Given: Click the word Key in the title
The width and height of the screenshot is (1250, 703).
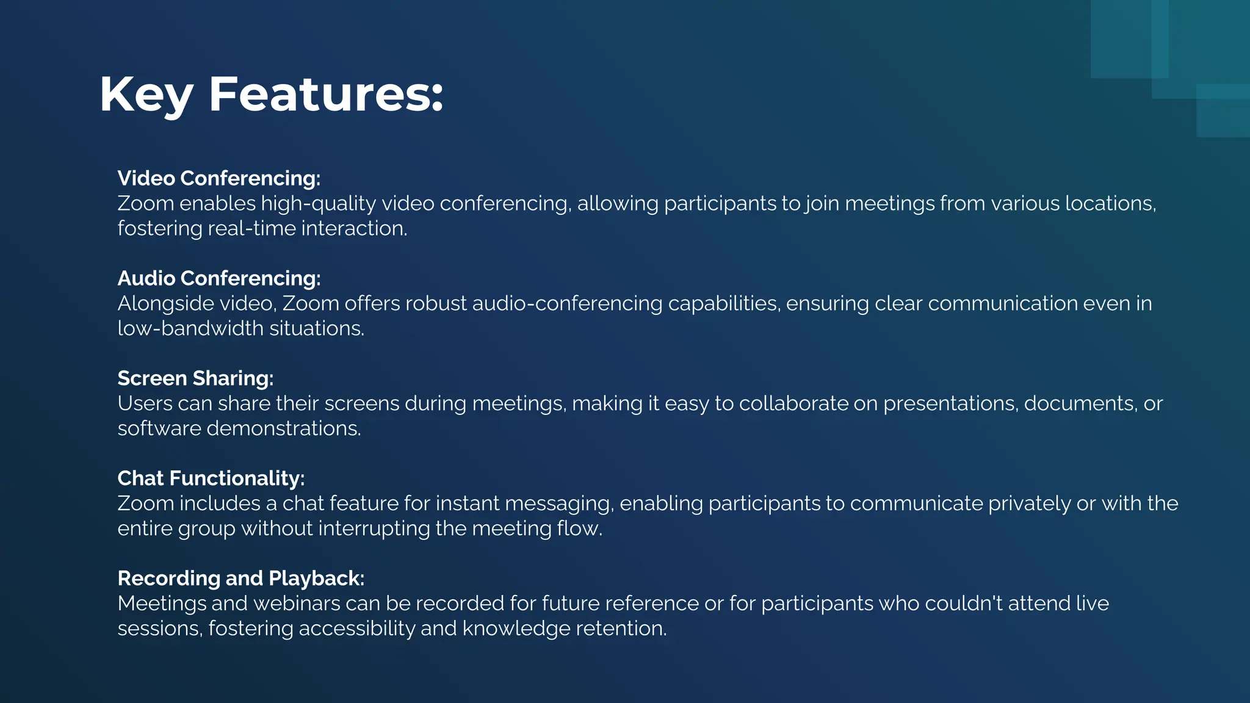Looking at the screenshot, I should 146,95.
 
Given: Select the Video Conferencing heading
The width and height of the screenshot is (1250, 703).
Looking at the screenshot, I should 219,178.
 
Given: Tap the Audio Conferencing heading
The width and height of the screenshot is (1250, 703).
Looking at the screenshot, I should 219,278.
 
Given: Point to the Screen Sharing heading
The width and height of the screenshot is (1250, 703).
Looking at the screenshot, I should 195,378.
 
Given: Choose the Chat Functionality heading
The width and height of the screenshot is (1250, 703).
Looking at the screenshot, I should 211,478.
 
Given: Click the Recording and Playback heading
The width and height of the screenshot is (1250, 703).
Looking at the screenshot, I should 240,579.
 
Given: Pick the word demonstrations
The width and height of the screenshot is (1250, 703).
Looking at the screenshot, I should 284,429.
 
